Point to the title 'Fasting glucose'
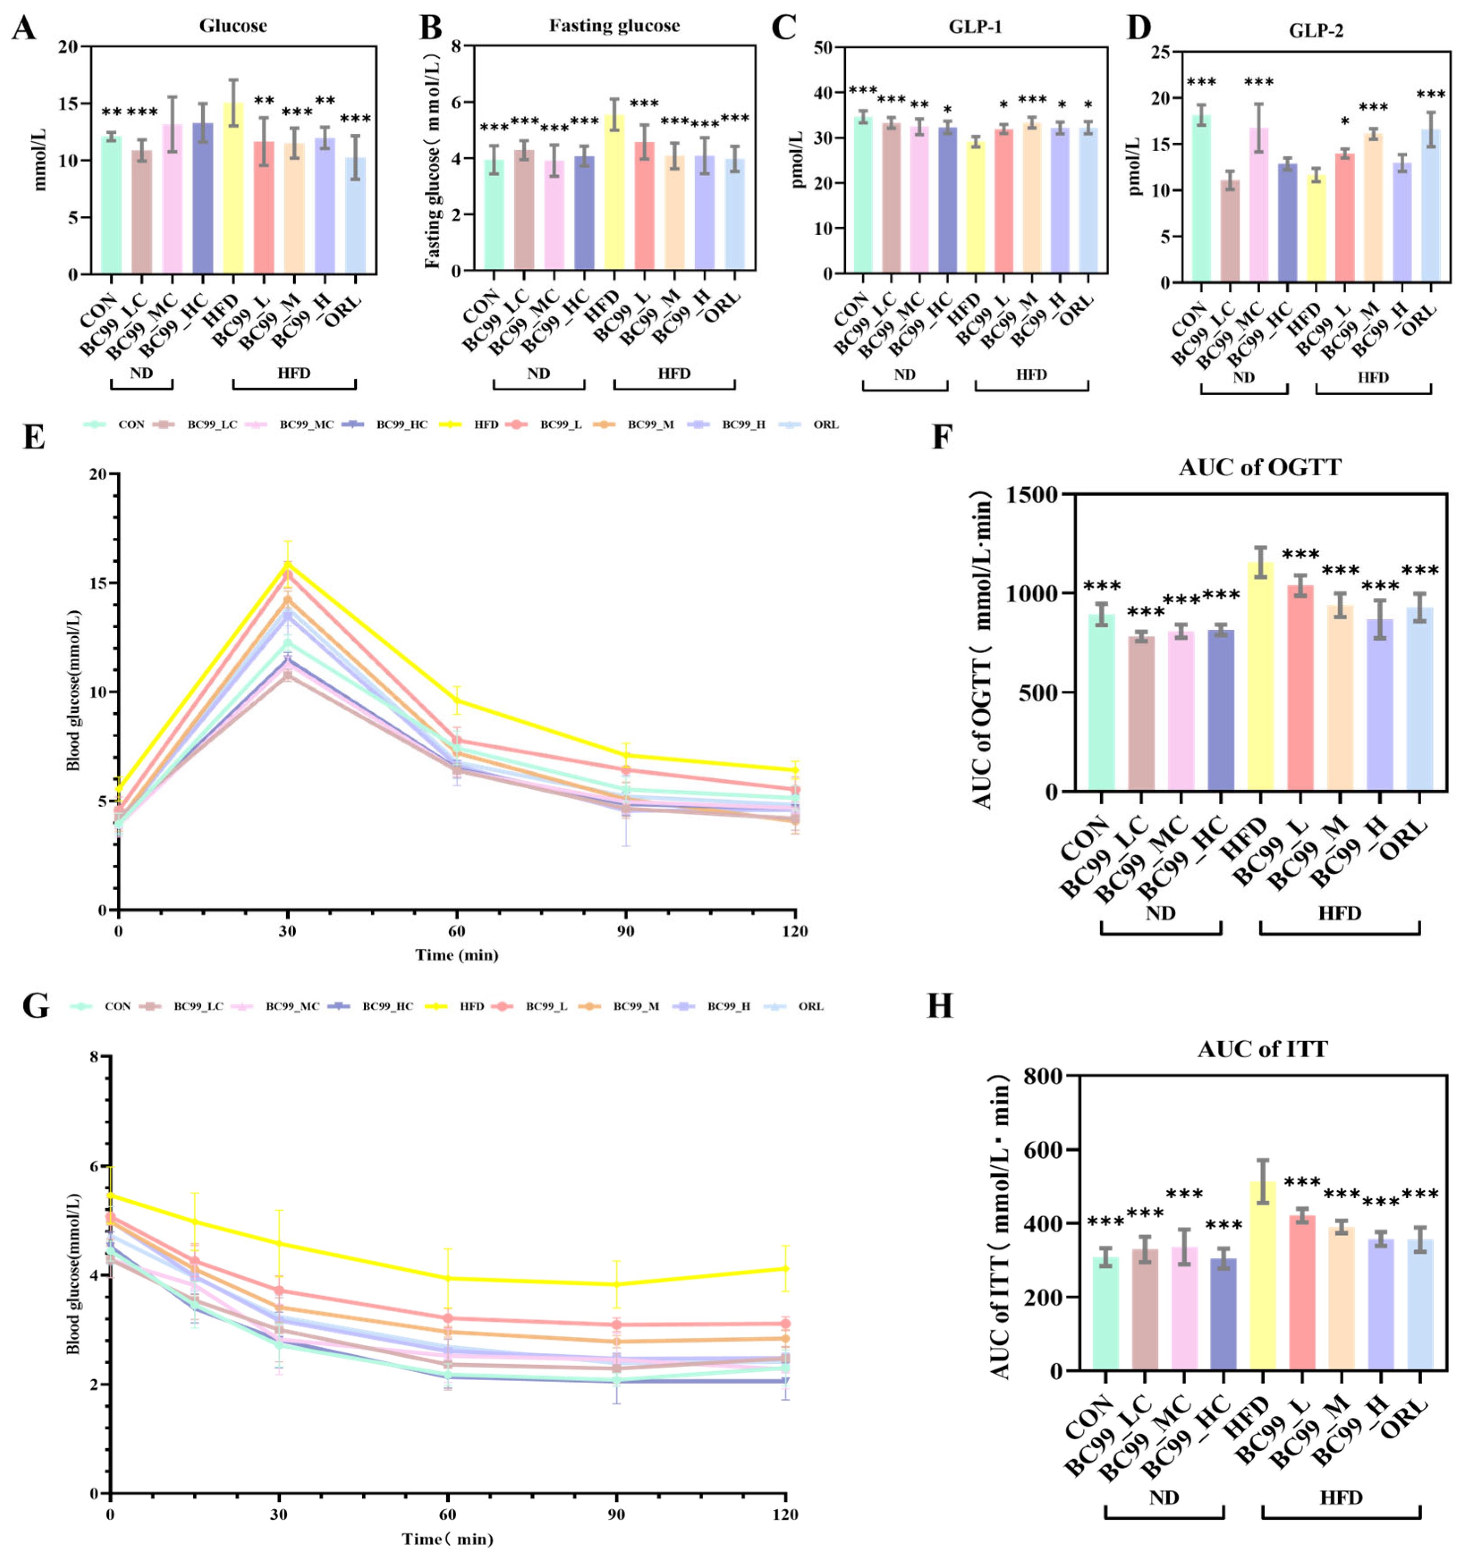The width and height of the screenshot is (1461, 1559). click(x=614, y=26)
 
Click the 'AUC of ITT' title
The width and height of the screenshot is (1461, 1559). click(x=1263, y=1049)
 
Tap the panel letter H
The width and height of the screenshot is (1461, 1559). click(x=939, y=1006)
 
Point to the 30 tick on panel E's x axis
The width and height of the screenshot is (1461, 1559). click(x=288, y=931)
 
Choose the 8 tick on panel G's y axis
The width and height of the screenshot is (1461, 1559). click(x=94, y=1056)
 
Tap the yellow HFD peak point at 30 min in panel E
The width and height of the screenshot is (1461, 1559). click(x=288, y=564)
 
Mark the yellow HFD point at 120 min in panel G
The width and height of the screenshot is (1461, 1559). click(x=786, y=1268)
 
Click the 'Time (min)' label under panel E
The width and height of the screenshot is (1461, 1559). click(x=456, y=955)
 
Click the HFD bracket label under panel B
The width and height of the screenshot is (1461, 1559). click(x=674, y=373)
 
